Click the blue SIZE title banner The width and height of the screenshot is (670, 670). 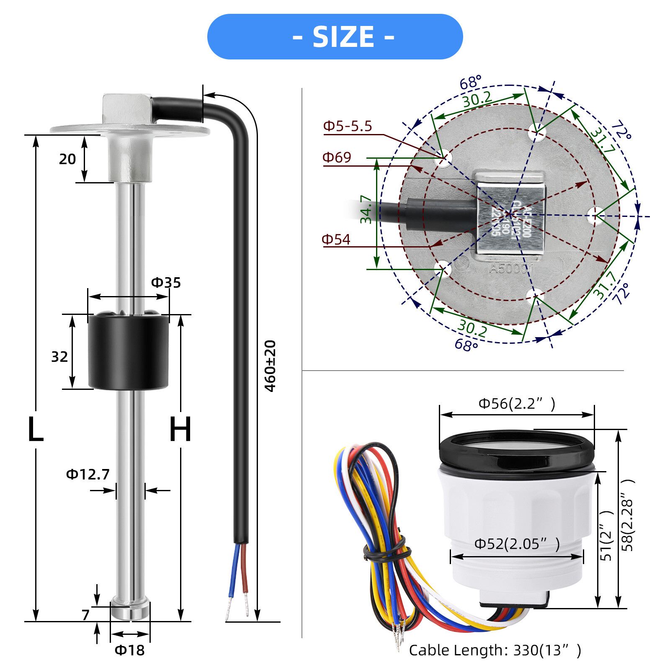coord(335,37)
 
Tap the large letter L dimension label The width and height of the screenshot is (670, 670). coord(36,430)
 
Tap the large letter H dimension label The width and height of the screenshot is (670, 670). coord(180,430)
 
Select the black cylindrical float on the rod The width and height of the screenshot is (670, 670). coord(128,352)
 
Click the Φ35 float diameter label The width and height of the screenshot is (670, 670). coord(166,283)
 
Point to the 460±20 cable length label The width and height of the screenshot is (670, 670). coord(271,366)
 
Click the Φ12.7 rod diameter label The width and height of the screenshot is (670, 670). coord(88,474)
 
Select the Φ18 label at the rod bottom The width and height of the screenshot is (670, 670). coord(130,650)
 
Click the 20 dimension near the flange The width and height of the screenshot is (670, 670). coord(67,160)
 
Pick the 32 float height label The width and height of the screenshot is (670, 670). coord(59,357)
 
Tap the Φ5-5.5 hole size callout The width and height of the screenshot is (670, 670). coord(348,126)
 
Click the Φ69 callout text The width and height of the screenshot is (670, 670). coord(337,157)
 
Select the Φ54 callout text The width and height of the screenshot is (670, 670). coord(336,240)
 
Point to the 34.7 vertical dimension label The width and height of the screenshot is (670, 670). coord(366,209)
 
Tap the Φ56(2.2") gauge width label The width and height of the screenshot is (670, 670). coord(517,404)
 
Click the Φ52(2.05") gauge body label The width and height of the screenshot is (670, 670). coord(517,544)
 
